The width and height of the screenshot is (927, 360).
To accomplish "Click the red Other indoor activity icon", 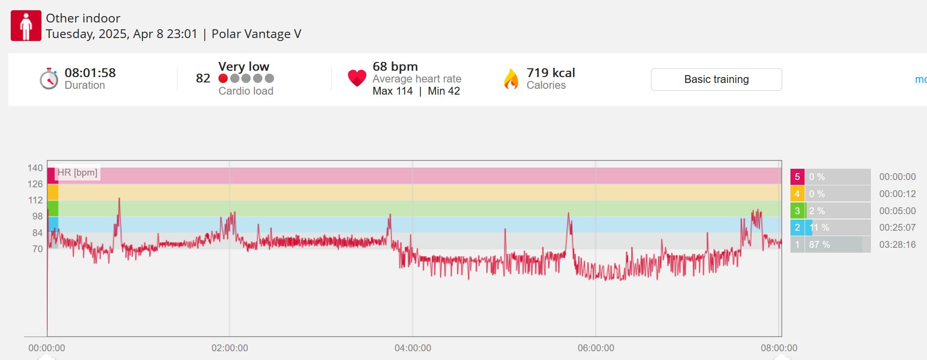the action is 26,26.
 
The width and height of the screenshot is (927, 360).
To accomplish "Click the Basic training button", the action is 716,80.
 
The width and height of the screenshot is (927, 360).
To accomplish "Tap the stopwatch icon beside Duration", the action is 49,79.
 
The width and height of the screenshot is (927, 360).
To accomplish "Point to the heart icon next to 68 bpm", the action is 357,78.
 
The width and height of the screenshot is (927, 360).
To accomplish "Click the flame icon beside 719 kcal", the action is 511,79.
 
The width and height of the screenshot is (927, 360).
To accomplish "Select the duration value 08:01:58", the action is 90,73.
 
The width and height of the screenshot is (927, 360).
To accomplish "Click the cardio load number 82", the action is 203,78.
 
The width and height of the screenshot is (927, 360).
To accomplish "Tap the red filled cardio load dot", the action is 223,78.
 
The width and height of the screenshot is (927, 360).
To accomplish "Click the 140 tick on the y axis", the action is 35,168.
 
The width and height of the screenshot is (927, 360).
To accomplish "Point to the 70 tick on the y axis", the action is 38,249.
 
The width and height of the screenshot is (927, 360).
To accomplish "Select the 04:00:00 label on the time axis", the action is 413,348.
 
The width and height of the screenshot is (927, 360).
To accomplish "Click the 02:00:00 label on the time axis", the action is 230,348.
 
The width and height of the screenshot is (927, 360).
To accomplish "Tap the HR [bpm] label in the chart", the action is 77,173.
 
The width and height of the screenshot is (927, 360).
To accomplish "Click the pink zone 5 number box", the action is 797,177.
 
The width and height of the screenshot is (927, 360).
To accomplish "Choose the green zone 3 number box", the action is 797,211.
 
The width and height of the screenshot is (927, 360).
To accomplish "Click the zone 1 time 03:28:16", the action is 897,244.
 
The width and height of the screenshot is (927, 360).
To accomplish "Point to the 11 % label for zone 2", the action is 819,227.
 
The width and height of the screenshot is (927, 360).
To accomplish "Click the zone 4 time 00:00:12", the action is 897,194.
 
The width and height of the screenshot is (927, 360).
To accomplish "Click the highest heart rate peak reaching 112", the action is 119,199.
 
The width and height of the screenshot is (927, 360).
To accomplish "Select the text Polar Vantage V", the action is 256,34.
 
